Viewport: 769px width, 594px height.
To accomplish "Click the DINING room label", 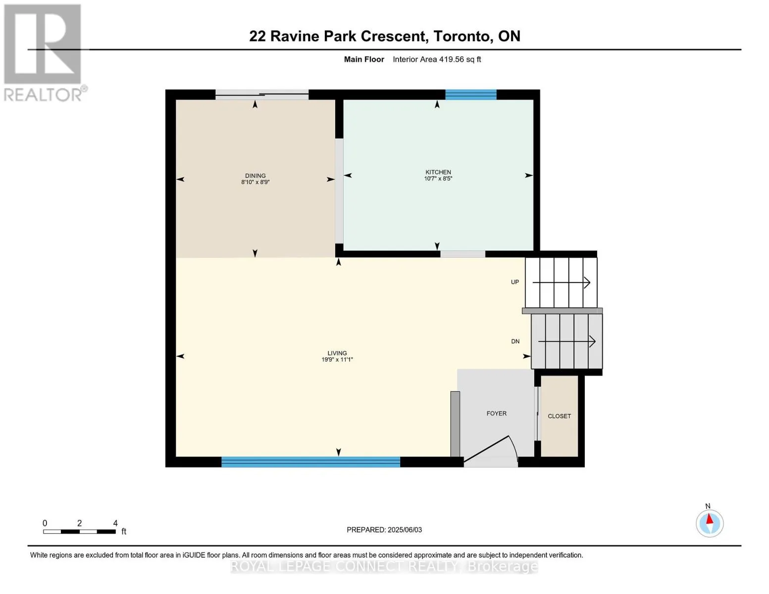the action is (x=255, y=175).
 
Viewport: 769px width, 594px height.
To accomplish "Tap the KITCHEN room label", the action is (x=438, y=172).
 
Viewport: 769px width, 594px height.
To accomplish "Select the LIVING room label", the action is (x=337, y=353).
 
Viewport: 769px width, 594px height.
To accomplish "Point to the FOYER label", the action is (x=497, y=413).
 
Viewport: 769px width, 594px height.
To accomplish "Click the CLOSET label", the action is (x=559, y=416).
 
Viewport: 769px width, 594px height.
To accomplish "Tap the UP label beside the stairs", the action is (x=515, y=282).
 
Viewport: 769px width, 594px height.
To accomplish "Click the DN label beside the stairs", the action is (x=515, y=342).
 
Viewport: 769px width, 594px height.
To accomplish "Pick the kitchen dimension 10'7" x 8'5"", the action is (x=438, y=179).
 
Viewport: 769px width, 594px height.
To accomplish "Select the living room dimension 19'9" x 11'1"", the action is (x=337, y=359).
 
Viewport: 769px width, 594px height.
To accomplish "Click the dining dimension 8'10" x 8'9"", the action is (x=255, y=182).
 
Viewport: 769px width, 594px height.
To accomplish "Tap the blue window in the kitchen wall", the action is (x=471, y=95).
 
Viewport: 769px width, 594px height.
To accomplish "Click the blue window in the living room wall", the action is (x=310, y=462).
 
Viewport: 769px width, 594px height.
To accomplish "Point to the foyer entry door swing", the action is (x=491, y=449).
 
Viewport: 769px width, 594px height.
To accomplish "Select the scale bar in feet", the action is (x=79, y=531).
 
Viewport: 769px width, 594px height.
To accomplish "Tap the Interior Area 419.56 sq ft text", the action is (x=437, y=59).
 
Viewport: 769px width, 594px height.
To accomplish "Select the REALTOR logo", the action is (x=45, y=53).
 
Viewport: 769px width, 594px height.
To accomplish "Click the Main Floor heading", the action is (x=364, y=59).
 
